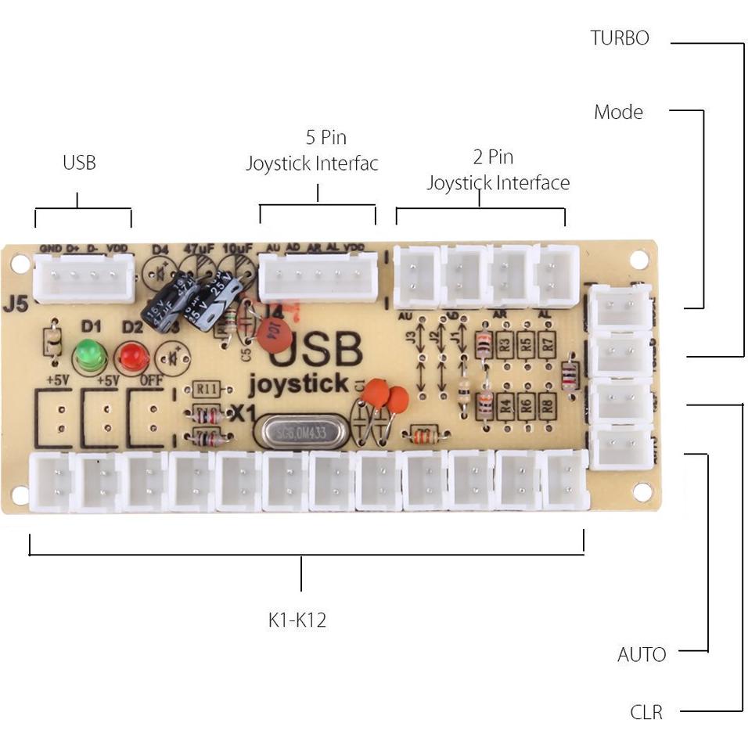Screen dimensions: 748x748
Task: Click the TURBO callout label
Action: tap(620, 38)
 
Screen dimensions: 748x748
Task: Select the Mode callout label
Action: tap(618, 112)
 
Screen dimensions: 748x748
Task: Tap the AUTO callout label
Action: tap(642, 654)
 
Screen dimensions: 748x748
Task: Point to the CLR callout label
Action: tap(646, 712)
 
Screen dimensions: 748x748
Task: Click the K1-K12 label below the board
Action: tap(297, 620)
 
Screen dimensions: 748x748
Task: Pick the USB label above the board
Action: tap(79, 163)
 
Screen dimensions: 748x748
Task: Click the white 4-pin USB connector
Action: tap(85, 279)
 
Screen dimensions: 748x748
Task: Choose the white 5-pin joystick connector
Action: tap(318, 277)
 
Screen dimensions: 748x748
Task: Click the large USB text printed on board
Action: tap(316, 350)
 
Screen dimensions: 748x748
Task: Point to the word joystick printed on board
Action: tap(298, 384)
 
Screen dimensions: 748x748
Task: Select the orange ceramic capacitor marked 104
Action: tap(274, 337)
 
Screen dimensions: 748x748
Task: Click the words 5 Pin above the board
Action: tap(325, 138)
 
